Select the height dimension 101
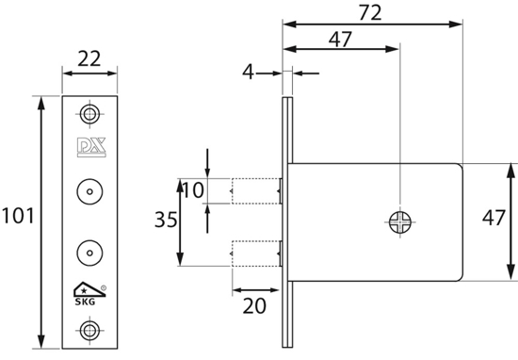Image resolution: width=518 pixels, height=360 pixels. pyautogui.click(x=19, y=217)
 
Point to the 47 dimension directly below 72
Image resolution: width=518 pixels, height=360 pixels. pyautogui.click(x=342, y=40)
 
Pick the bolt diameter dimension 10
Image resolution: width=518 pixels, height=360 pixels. pyautogui.click(x=192, y=190)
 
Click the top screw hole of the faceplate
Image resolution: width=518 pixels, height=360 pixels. pyautogui.click(x=89, y=114)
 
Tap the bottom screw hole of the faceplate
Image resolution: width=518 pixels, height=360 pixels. pyautogui.click(x=89, y=330)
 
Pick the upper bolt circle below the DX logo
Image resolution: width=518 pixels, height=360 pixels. pyautogui.click(x=89, y=190)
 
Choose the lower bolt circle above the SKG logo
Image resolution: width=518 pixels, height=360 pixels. pyautogui.click(x=89, y=253)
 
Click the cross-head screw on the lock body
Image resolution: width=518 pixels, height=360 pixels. pyautogui.click(x=399, y=222)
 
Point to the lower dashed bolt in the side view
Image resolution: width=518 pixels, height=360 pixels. pyautogui.click(x=255, y=253)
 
